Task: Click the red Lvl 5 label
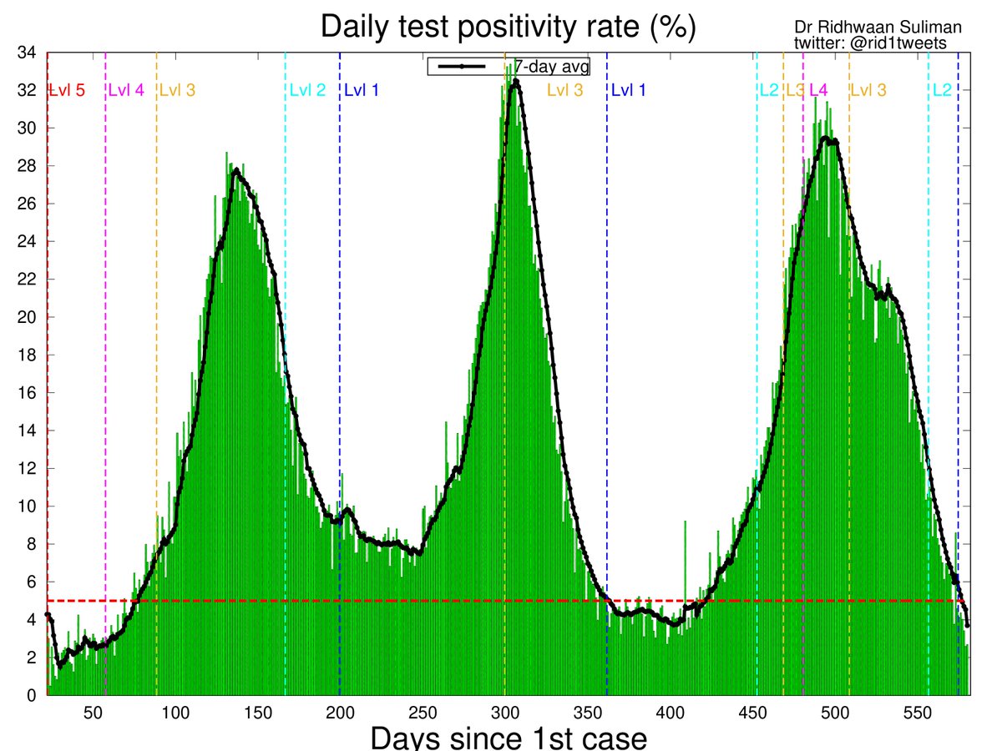click(x=68, y=90)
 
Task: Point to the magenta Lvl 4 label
click(x=127, y=90)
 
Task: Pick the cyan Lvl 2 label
click(x=307, y=90)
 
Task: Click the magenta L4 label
click(x=818, y=90)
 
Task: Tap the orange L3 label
click(x=794, y=90)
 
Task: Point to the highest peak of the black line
click(x=515, y=81)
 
